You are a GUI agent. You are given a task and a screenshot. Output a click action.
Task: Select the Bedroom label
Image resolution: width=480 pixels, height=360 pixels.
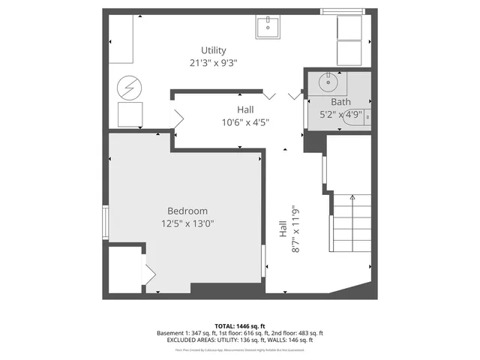[x=187, y=211]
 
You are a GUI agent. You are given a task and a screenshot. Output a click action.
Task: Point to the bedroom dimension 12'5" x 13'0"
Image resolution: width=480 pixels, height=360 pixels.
[x=187, y=223]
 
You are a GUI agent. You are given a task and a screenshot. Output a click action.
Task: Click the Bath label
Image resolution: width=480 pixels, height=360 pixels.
[x=340, y=102]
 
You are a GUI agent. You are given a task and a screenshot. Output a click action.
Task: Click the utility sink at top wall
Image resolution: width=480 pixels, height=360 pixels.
[x=268, y=27]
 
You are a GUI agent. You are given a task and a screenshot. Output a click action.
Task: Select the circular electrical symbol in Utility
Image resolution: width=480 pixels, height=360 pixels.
[x=128, y=88]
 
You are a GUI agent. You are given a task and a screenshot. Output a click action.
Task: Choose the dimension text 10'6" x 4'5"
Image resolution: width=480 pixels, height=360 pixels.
[x=245, y=122]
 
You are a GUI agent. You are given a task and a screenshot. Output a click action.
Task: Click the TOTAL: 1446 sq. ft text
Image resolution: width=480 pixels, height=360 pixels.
[x=240, y=326]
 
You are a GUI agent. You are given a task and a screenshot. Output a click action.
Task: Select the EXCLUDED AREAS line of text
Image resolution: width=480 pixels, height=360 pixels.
[x=240, y=340]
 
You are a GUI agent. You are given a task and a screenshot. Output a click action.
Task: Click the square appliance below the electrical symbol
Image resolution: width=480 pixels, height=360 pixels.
[x=130, y=114]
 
